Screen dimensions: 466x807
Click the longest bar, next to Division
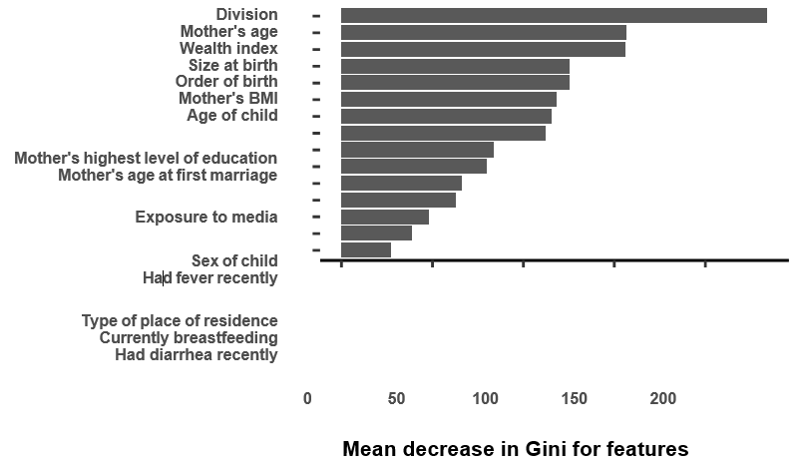(554, 15)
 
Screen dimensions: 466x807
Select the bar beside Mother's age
(483, 32)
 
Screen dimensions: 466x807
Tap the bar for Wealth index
(483, 49)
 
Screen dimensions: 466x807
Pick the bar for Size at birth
(455, 66)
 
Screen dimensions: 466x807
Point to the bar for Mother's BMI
(448, 99)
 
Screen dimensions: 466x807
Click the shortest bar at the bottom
(366, 249)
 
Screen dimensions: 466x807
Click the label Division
(246, 14)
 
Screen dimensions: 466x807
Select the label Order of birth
(226, 81)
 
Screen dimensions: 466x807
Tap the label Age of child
(232, 115)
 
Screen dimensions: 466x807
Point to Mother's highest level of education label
(146, 158)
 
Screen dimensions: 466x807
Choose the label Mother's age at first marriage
(168, 175)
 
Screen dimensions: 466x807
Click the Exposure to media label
(206, 217)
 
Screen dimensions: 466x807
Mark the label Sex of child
(234, 260)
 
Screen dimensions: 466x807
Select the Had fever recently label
(209, 277)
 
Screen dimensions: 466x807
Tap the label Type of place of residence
(180, 320)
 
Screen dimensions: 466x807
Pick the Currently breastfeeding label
(189, 337)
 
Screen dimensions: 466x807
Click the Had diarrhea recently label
(197, 354)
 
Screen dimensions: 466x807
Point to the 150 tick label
(575, 398)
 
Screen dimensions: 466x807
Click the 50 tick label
(397, 398)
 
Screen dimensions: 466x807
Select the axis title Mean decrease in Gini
(515, 449)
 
